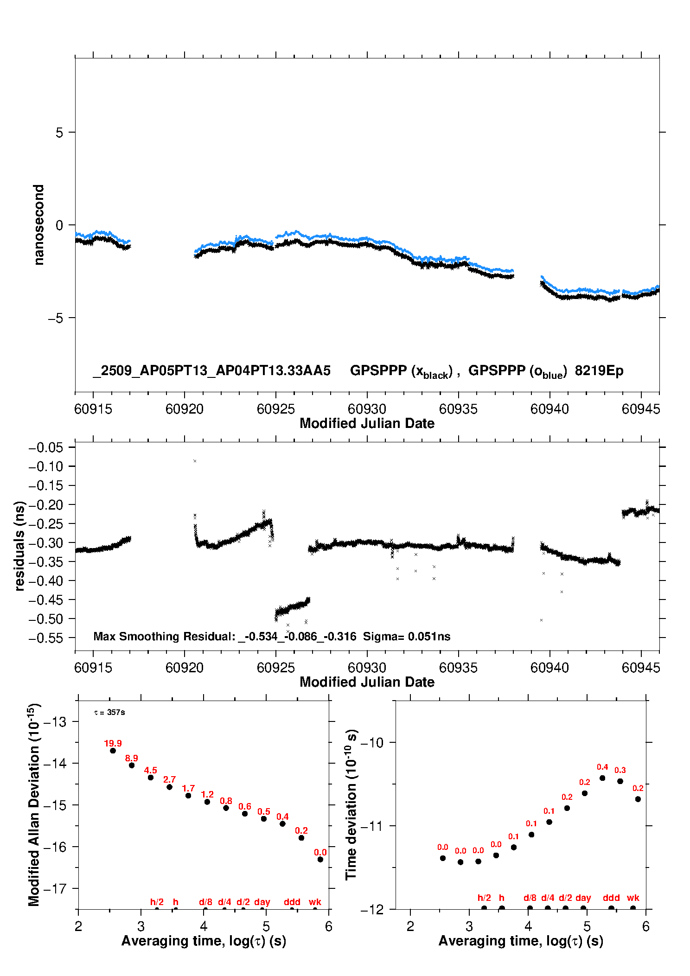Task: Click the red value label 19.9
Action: [x=113, y=743]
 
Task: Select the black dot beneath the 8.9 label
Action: [x=132, y=765]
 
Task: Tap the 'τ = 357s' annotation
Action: [x=109, y=713]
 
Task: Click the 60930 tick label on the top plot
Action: [x=367, y=409]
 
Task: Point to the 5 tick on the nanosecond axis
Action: [x=59, y=133]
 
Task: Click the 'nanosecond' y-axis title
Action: [x=38, y=225]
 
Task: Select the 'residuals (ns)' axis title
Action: [x=19, y=546]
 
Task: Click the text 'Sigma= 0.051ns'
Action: [x=406, y=637]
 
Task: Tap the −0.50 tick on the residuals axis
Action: [x=45, y=619]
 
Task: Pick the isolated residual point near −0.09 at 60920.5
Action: [x=195, y=461]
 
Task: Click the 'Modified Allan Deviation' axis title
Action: [x=33, y=804]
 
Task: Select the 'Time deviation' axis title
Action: [x=351, y=804]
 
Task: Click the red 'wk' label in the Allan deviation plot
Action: [x=315, y=902]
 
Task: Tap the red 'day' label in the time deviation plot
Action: [x=583, y=898]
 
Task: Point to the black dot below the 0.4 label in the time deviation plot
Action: [x=602, y=778]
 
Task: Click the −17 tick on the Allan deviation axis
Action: [x=55, y=889]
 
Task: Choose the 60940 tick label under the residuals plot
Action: [x=549, y=668]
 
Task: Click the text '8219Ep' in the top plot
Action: [x=599, y=370]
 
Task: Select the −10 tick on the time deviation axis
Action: [x=372, y=743]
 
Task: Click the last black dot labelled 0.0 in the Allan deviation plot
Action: [x=320, y=860]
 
